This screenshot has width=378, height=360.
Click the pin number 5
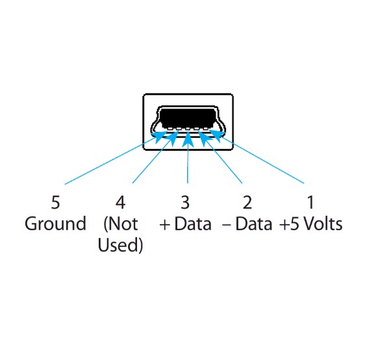pos(55,202)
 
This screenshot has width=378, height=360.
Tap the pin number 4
pos(120,202)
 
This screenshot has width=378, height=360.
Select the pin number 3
pos(185,202)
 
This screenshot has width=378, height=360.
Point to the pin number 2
pos(247,202)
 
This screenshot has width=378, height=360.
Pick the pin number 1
pos(310,202)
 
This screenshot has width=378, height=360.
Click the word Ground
pos(55,224)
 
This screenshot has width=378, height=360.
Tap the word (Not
pos(121,224)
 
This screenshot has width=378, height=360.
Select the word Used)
pos(120,245)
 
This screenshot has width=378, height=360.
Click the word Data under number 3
pos(193,224)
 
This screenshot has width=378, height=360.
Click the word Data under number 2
pos(253,224)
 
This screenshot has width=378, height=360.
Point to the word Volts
pos(323,224)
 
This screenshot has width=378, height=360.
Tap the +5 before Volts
pos(289,224)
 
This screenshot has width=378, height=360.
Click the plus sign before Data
pos(165,225)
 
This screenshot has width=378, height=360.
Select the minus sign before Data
pos(227,225)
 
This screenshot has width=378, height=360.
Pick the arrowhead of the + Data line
pos(188,139)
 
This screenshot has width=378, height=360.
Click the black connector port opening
pos(188,118)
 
